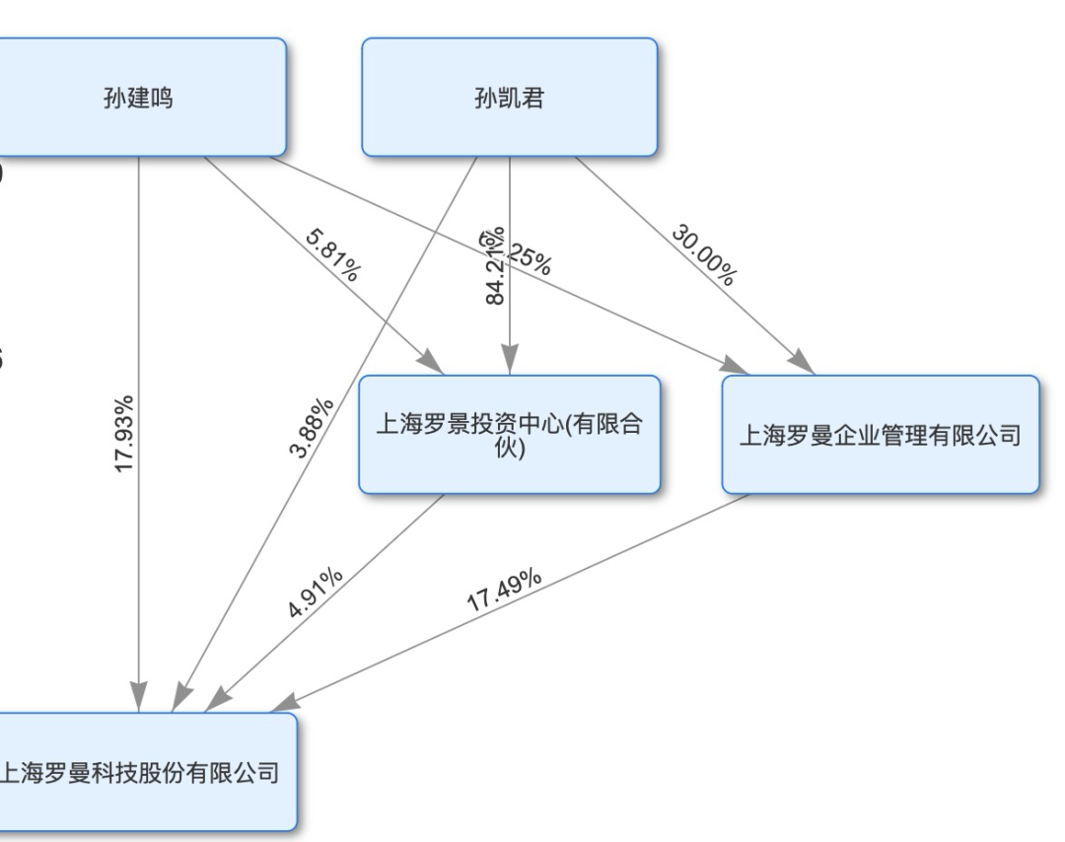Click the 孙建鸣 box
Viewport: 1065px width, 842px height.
click(x=138, y=99)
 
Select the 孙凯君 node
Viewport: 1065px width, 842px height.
click(x=509, y=99)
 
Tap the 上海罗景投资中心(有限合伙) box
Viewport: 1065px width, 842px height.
click(x=509, y=435)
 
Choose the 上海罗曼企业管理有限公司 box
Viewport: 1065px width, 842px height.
click(x=880, y=435)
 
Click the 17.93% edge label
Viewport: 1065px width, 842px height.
click(x=124, y=435)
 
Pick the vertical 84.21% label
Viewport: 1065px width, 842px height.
click(x=496, y=266)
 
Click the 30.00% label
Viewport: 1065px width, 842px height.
click(x=703, y=254)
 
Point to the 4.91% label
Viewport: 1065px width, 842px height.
click(x=316, y=592)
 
